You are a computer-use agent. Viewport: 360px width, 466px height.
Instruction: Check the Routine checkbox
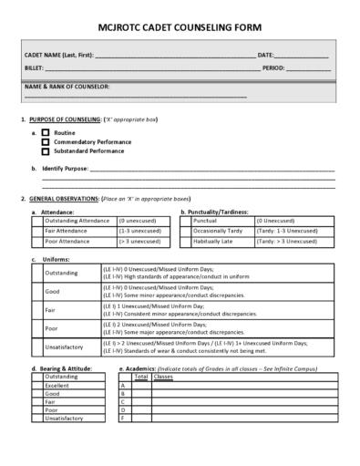[x=45, y=133]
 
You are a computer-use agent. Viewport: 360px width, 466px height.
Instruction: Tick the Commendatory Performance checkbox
[x=45, y=142]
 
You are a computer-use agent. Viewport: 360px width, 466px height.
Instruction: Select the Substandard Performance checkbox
[x=45, y=150]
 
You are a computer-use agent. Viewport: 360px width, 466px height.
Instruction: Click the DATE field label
[x=266, y=56]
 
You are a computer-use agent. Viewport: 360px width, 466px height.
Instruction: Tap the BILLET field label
[x=34, y=67]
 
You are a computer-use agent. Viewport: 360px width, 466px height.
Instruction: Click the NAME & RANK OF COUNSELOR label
[x=67, y=86]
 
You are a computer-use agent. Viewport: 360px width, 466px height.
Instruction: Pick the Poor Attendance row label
[x=66, y=241]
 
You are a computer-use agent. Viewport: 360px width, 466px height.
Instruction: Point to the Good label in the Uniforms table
[x=53, y=292]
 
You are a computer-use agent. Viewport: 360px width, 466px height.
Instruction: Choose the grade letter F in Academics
[x=123, y=418]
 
